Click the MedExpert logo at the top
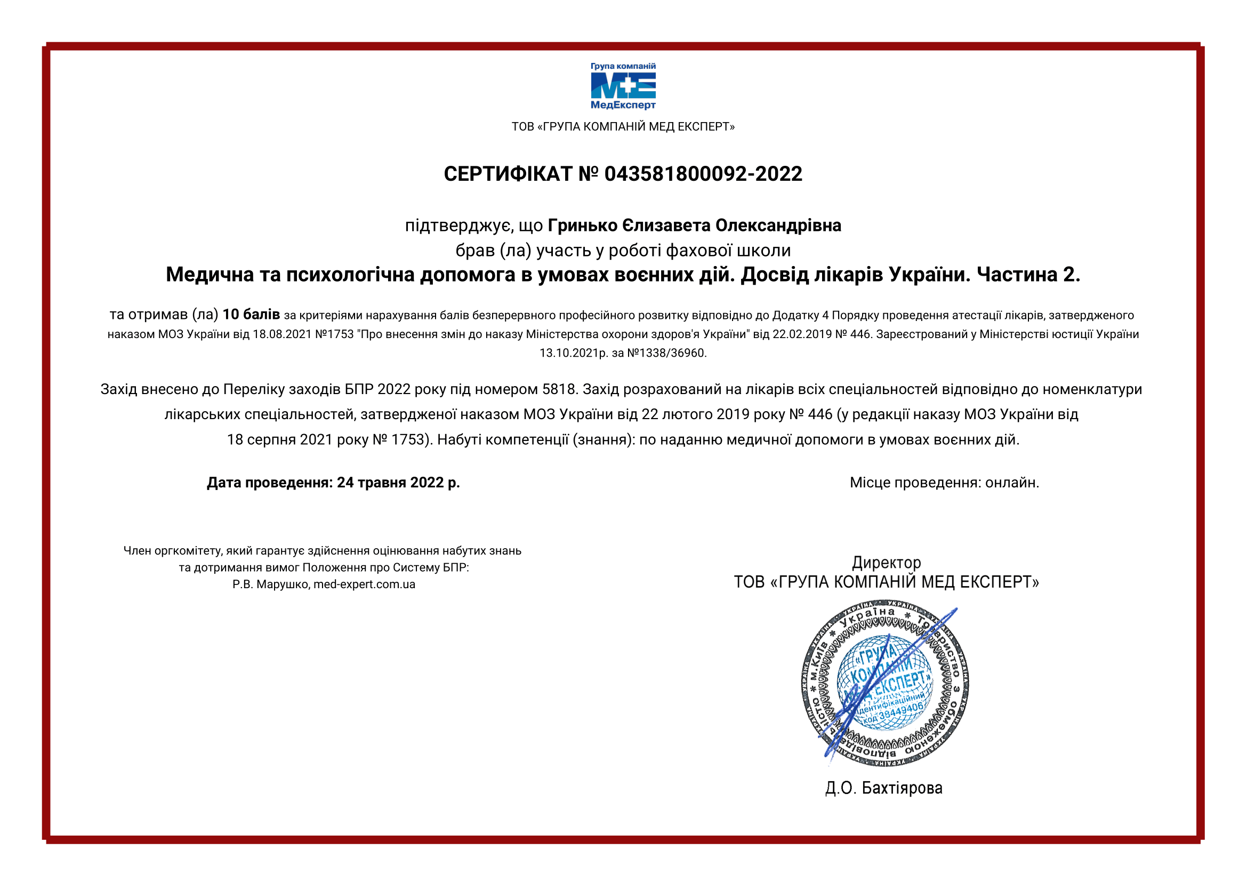(623, 86)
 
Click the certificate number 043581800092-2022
(703, 174)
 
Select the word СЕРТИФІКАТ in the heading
(508, 174)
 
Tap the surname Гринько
(583, 226)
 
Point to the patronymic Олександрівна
(778, 226)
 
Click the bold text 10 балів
(251, 315)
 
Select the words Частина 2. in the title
(1028, 275)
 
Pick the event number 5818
(558, 389)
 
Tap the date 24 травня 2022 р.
(398, 482)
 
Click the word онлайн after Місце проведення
(1012, 482)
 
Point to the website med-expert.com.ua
(364, 585)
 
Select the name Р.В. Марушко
(270, 585)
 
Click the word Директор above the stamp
(886, 562)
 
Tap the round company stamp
(886, 683)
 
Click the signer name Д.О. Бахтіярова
(883, 788)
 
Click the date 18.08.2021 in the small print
(282, 334)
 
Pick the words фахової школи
(728, 251)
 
